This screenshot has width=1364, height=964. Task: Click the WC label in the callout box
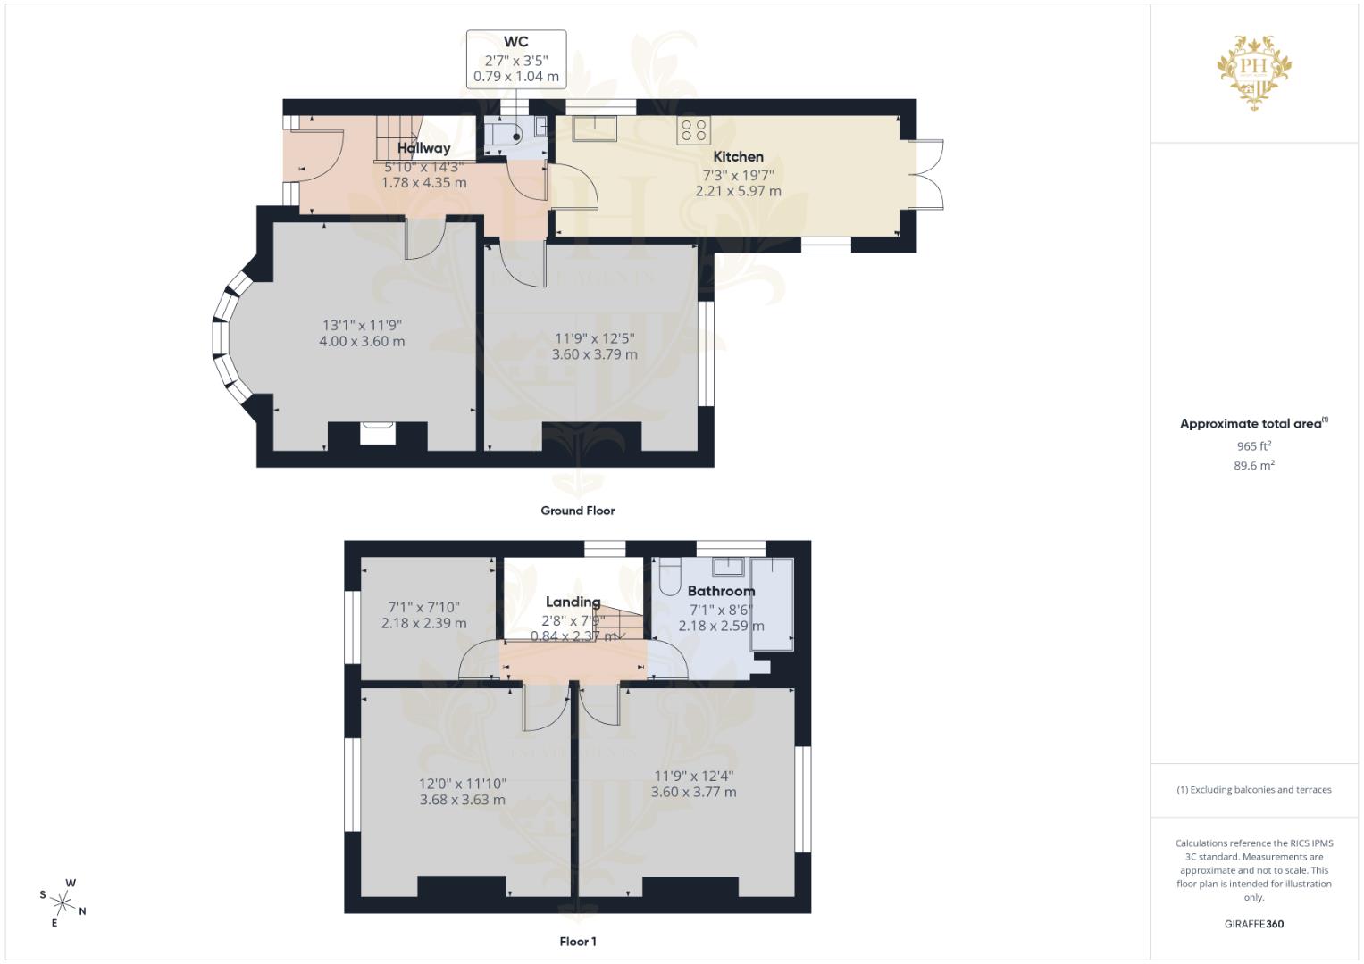tap(515, 42)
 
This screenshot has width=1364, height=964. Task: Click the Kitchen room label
tap(738, 156)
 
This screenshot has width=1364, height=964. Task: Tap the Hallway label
tap(423, 148)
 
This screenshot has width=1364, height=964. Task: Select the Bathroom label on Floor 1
tap(721, 591)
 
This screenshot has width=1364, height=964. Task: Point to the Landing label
tap(573, 602)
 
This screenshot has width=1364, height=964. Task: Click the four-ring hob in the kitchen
tap(694, 130)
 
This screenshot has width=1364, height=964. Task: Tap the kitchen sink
tap(593, 129)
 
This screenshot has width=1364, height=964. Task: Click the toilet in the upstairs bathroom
tap(668, 578)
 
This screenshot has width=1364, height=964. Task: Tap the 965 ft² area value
tap(1253, 445)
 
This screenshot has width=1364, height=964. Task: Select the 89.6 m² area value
tap(1253, 465)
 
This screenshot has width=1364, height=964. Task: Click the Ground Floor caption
tap(577, 511)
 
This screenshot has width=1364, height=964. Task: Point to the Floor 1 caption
tap(577, 942)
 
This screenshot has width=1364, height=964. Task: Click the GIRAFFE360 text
tap(1253, 924)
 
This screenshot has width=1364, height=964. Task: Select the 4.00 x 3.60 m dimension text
tap(362, 341)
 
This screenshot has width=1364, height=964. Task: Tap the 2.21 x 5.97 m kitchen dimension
tap(738, 191)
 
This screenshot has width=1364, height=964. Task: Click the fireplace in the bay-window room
tap(377, 434)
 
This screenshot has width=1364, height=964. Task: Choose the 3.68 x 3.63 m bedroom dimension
tap(462, 800)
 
